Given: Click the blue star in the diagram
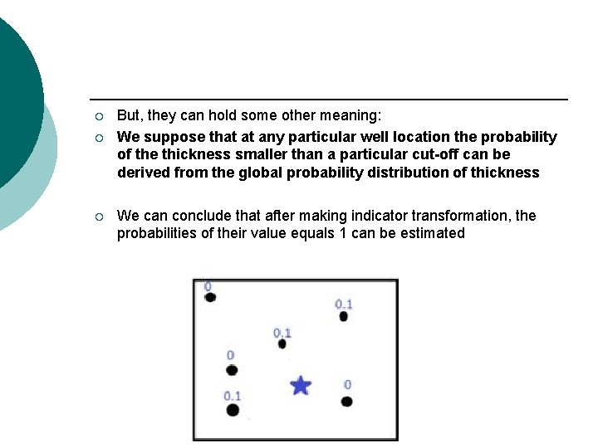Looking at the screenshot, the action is (x=301, y=385).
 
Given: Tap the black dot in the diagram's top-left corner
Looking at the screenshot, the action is (x=210, y=297).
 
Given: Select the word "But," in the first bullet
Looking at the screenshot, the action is (x=130, y=116).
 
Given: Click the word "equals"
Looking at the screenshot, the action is (x=312, y=233).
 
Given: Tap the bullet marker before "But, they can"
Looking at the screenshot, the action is (x=98, y=117).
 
